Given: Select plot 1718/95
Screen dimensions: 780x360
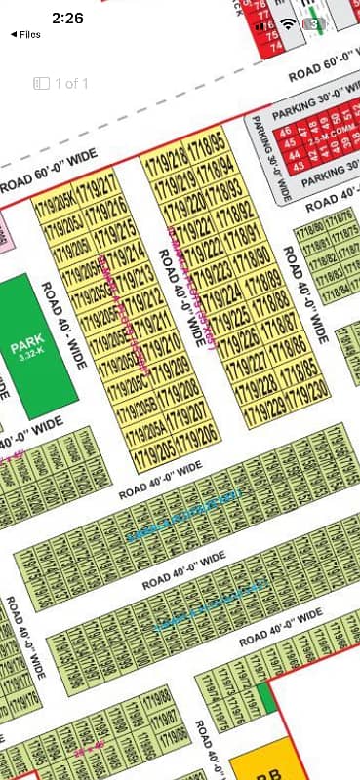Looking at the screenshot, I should (208, 149).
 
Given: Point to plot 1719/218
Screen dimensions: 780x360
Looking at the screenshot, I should (165, 159).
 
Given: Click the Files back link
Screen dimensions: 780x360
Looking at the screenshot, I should (25, 34).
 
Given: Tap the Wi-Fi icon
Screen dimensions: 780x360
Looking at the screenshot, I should (287, 22).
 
